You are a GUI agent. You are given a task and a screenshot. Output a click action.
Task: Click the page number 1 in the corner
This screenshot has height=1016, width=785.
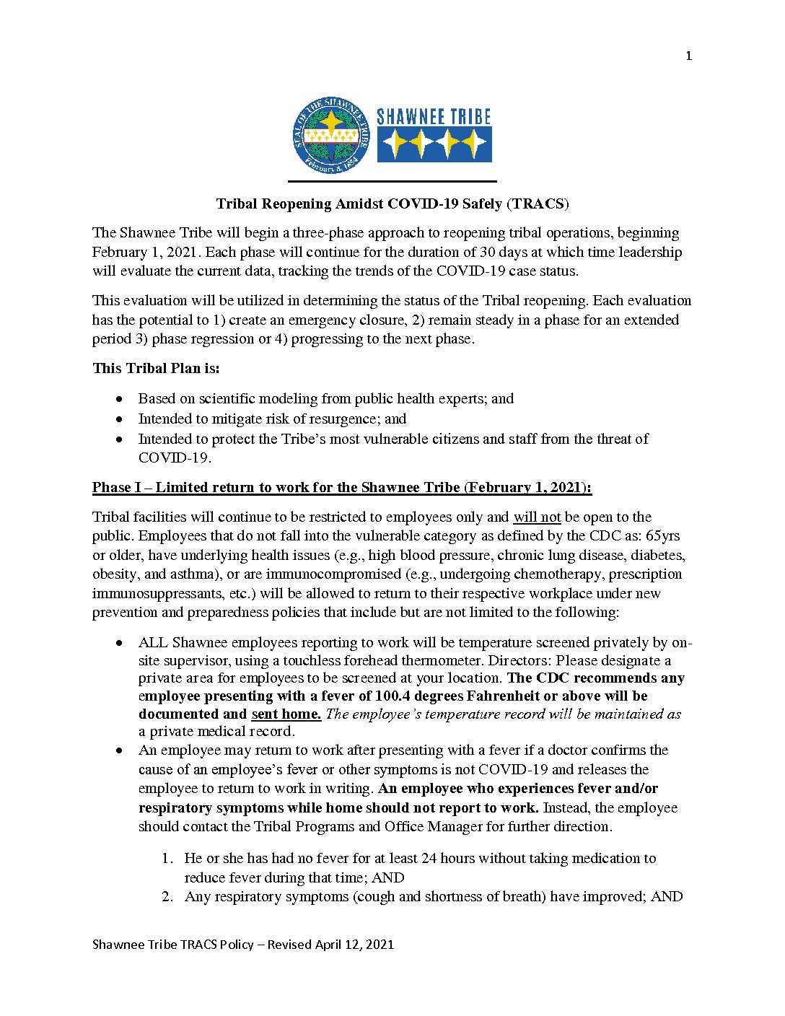[x=688, y=56]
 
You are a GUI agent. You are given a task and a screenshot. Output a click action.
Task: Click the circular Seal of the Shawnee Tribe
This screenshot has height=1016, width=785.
[x=331, y=136]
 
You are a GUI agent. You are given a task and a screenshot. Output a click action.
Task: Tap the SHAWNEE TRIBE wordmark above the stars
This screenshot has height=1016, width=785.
[x=434, y=117]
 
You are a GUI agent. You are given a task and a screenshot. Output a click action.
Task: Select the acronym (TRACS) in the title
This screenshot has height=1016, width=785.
[x=538, y=204]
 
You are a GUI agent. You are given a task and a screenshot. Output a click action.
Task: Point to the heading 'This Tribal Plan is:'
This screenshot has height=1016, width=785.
[x=156, y=368]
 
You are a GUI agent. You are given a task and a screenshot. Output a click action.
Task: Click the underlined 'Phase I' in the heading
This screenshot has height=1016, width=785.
[x=116, y=488]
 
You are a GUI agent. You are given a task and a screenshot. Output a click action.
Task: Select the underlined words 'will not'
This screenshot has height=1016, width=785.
[x=537, y=517]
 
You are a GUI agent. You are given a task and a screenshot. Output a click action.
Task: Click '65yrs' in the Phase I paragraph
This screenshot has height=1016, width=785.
[x=662, y=536]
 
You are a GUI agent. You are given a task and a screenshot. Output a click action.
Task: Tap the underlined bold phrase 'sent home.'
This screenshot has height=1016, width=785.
[x=286, y=714]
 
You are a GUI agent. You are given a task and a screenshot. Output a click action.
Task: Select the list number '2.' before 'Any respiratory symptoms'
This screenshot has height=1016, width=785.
[x=168, y=897]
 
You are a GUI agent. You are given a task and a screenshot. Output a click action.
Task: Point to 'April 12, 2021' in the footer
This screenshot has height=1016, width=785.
[x=354, y=945]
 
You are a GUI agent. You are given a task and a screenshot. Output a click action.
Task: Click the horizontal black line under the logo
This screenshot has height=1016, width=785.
[x=392, y=181]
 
